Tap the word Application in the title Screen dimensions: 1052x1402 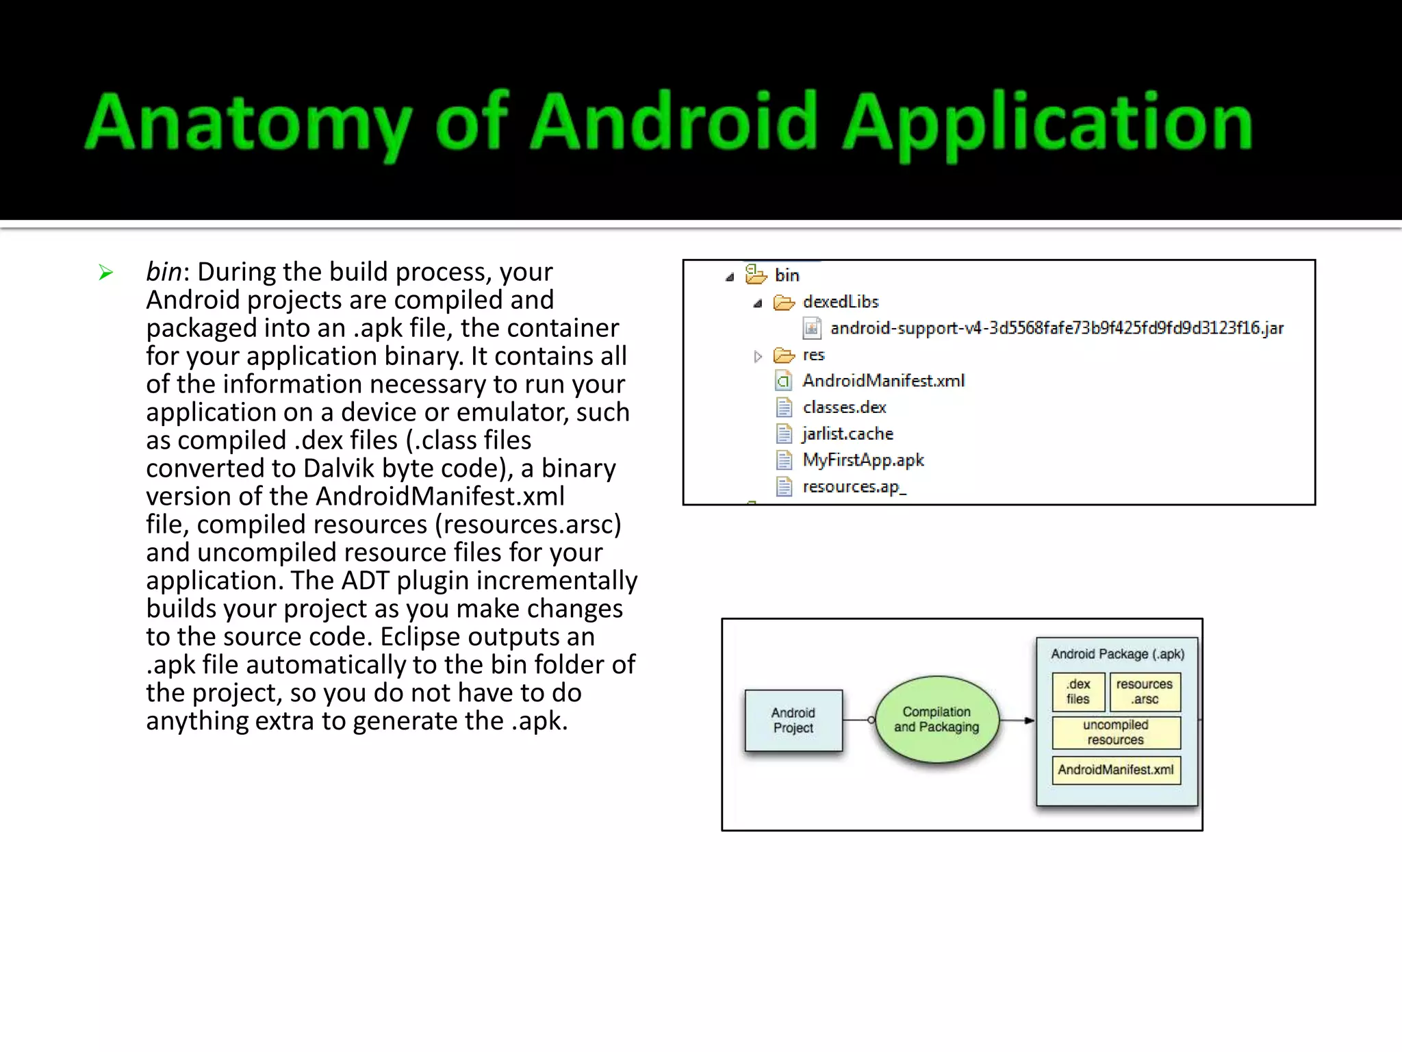(1047, 123)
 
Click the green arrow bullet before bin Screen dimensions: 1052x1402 (105, 273)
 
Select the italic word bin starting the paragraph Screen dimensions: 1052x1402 (164, 272)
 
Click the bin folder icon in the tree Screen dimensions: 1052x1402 (756, 275)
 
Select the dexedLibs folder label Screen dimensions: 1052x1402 (841, 302)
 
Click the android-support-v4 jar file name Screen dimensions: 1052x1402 (1056, 328)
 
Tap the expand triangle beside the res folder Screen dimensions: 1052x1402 (758, 356)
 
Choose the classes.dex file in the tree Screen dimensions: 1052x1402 (844, 408)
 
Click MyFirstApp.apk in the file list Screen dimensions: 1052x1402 (863, 460)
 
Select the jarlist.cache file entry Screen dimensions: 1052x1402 (847, 434)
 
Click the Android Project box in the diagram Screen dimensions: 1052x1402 (793, 721)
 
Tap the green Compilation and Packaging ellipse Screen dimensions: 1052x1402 (936, 720)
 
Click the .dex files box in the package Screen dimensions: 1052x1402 (1078, 692)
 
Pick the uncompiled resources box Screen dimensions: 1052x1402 (1116, 732)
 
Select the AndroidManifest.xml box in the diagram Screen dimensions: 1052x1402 (1116, 770)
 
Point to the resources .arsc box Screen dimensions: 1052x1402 (1145, 692)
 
